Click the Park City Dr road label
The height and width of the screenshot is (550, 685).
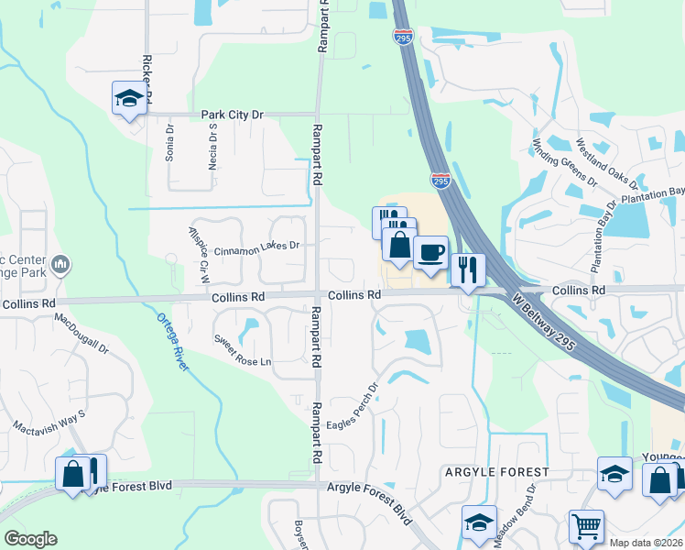point(233,115)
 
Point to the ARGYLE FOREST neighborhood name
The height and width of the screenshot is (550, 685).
point(496,472)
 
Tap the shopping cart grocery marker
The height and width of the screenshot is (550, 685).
point(586,525)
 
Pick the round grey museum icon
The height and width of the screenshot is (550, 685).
point(61,265)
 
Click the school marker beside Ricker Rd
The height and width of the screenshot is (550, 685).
point(129,98)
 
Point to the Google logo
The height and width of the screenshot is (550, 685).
point(30,538)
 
